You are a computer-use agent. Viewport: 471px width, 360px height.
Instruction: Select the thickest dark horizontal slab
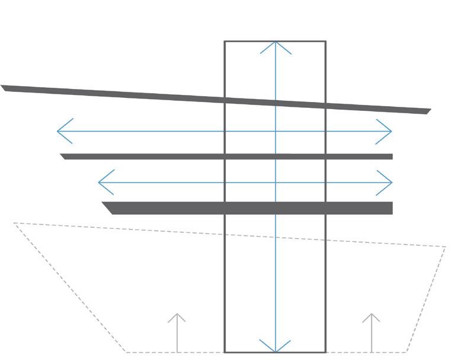[x=249, y=208]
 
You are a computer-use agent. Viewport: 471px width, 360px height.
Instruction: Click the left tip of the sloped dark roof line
[x=2, y=87]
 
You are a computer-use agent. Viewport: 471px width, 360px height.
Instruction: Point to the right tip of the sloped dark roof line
[x=430, y=111]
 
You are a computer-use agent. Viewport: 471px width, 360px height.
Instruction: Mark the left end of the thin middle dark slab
[x=62, y=156]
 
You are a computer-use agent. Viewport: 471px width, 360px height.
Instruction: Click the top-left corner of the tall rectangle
[x=225, y=41]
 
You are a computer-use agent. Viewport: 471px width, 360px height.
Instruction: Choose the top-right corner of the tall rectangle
[x=325, y=41]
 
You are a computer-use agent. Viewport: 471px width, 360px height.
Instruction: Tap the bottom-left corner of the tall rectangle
[x=225, y=352]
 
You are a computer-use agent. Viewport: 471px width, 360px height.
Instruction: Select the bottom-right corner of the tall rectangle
[x=325, y=352]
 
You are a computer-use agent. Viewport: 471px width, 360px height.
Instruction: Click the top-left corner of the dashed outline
[x=14, y=223]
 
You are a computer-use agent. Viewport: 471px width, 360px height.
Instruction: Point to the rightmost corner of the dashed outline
[x=446, y=247]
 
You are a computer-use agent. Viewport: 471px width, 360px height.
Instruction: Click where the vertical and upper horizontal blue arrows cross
[x=275, y=130]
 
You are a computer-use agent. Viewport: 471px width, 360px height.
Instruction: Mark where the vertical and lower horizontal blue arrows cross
[x=275, y=182]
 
